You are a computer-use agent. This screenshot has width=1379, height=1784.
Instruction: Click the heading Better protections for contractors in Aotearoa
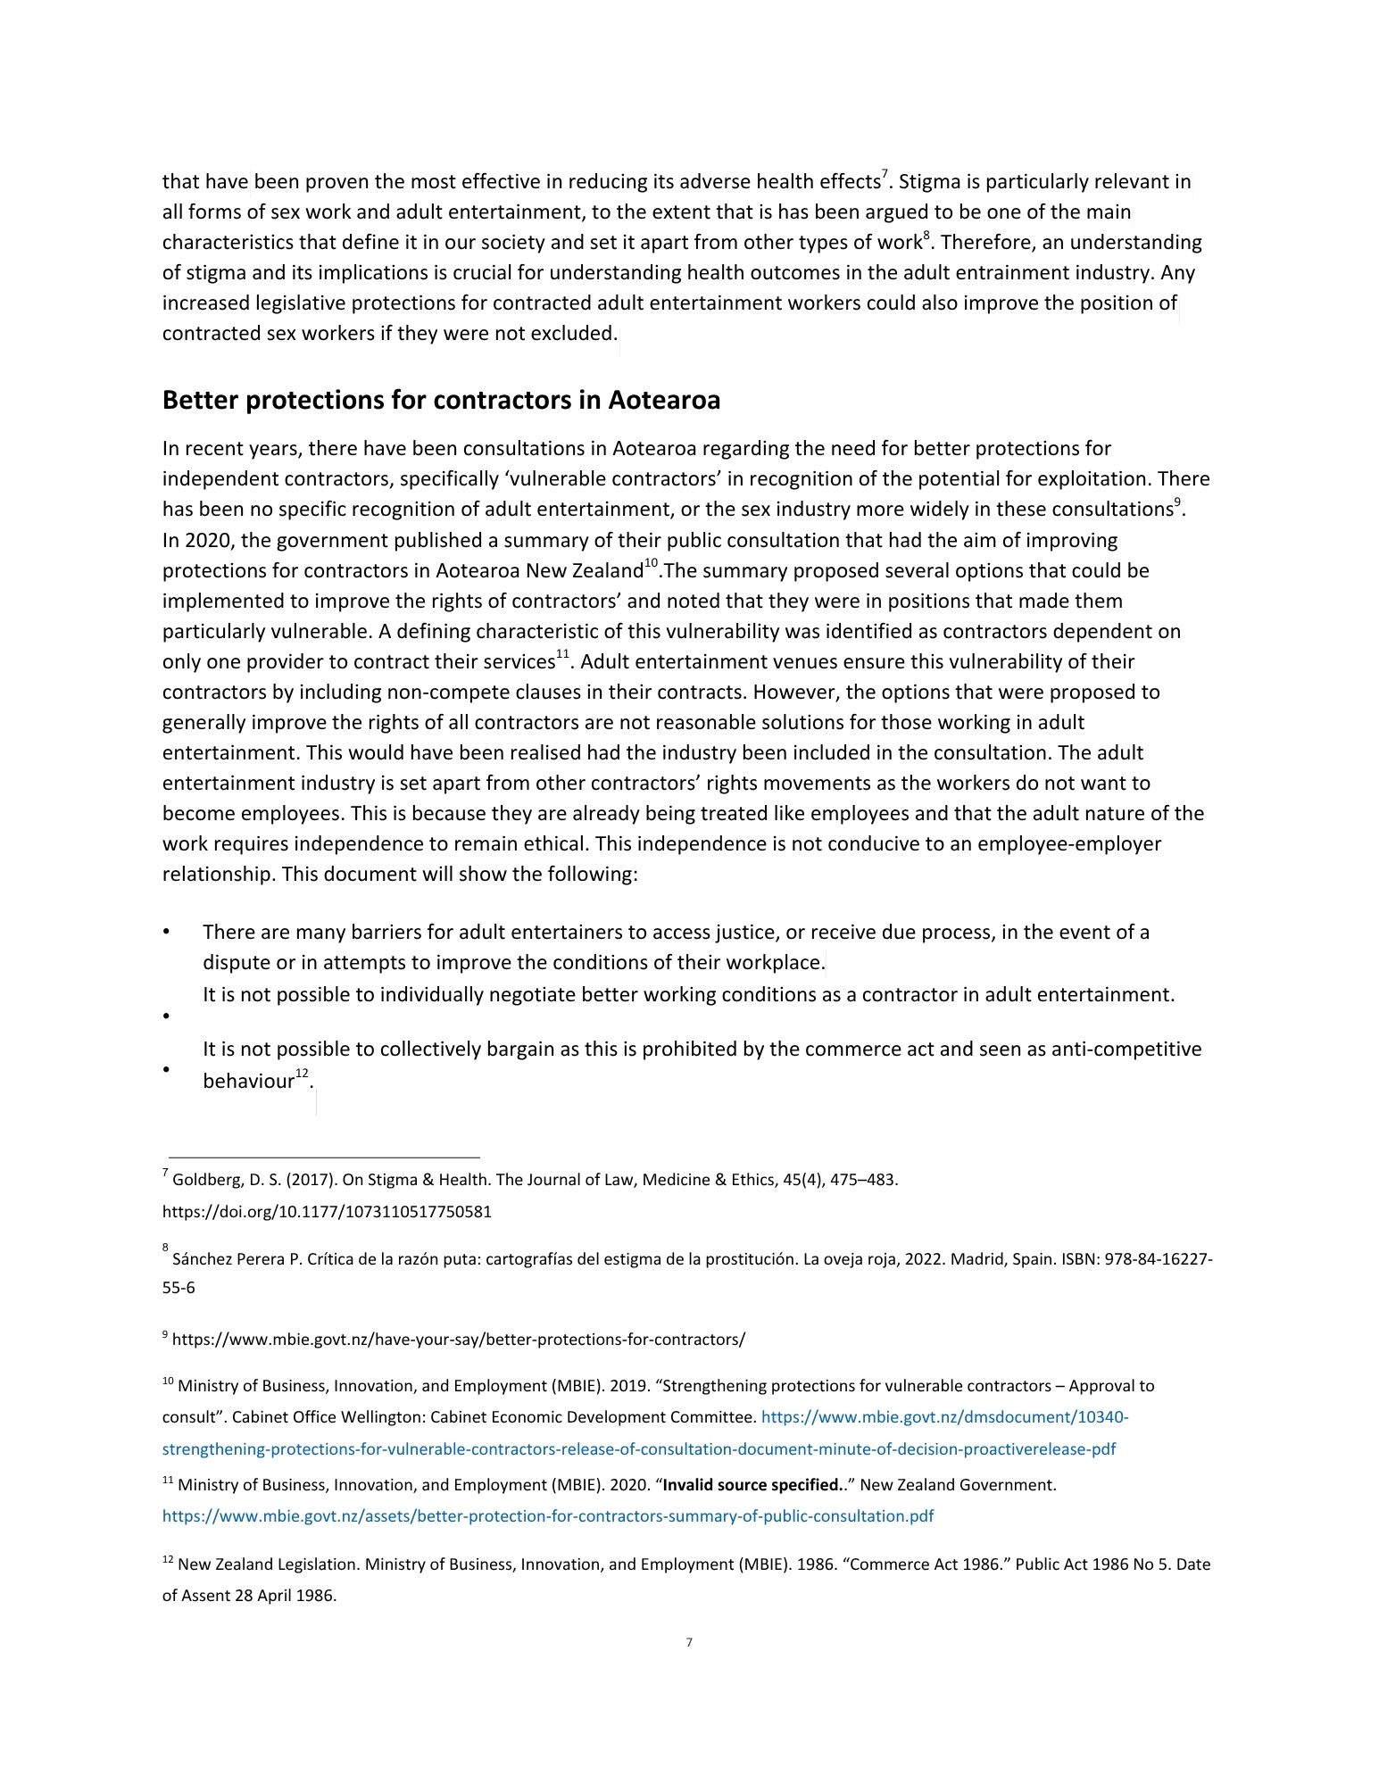click(x=441, y=401)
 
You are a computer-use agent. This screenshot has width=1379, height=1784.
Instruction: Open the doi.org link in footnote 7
click(x=327, y=1212)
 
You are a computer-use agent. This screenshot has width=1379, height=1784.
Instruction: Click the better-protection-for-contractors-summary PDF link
click(x=547, y=1515)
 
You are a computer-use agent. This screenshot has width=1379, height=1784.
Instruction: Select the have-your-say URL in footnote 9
click(x=458, y=1339)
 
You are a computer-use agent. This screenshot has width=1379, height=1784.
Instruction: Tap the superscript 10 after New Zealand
click(x=651, y=564)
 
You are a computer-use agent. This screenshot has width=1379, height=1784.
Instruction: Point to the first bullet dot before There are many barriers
click(x=167, y=933)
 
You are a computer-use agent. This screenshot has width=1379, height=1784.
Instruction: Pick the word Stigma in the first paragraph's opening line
click(x=928, y=182)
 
